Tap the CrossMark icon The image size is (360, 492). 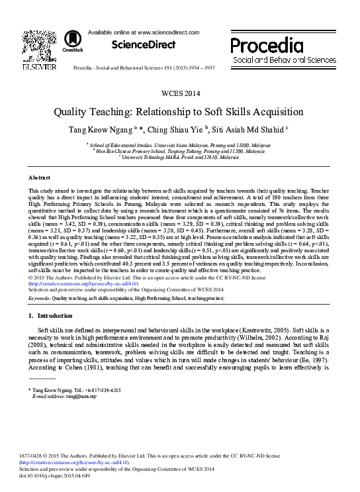pos(69,42)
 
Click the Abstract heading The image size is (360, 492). pos(39,179)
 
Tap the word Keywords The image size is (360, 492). pos(39,299)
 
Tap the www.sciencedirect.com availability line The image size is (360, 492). pos(143,32)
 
